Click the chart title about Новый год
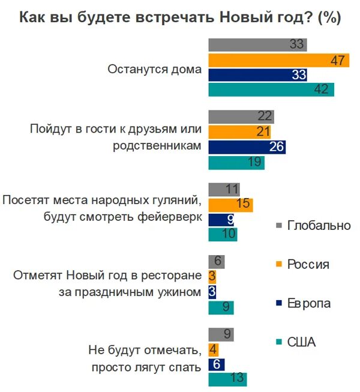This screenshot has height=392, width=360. pos(180,17)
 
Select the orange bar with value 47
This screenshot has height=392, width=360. pos(278,60)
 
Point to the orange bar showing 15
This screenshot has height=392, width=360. pos(230,205)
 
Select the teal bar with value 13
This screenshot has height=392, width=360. pos(227,379)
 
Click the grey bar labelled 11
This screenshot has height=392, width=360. pos(224,190)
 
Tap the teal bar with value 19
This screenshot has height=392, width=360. pos(236,163)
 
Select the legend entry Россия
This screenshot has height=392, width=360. pos(308,264)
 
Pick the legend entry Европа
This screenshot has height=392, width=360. pos(308,303)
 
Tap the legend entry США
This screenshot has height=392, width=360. pos(302,342)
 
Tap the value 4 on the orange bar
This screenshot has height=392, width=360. pos(213,349)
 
